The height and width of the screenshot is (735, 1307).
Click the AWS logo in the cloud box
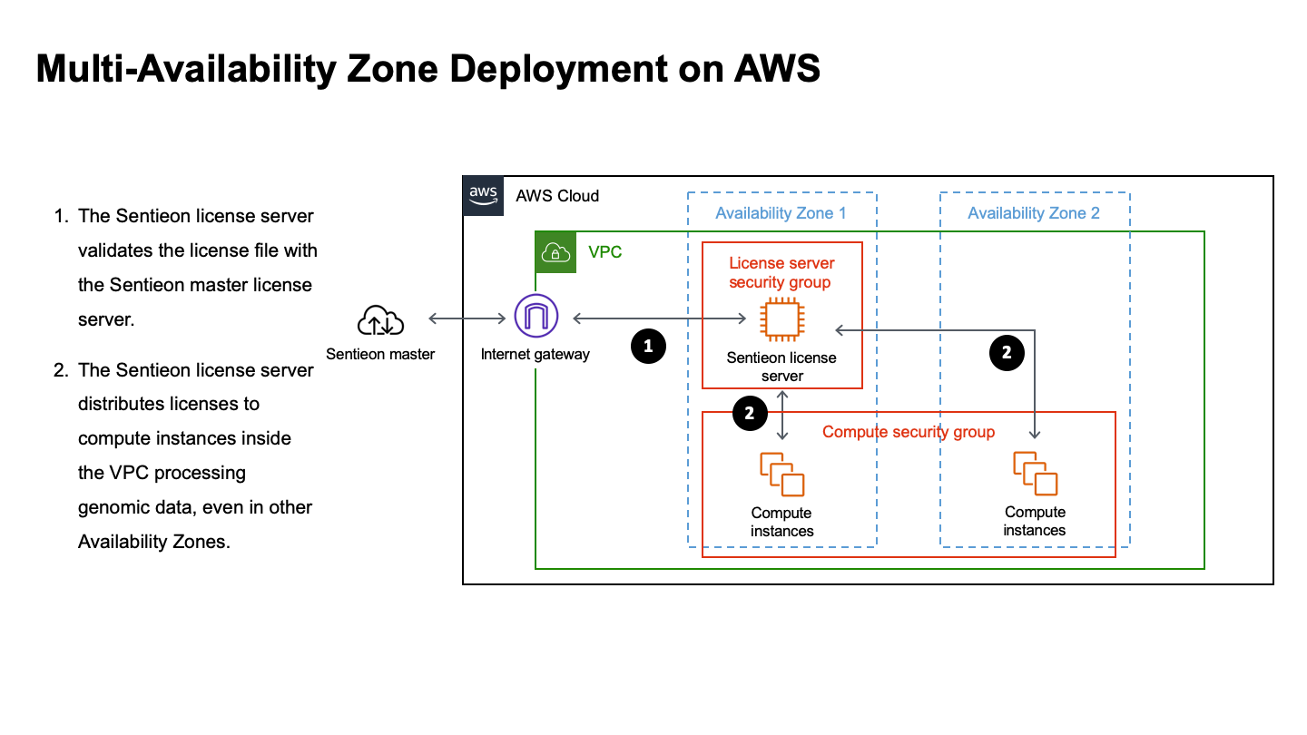[483, 195]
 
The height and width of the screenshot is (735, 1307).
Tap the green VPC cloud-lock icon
[555, 252]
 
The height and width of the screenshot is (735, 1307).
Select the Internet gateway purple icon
[536, 318]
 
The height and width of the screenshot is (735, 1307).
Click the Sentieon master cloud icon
[380, 320]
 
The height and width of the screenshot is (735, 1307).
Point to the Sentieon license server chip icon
[781, 319]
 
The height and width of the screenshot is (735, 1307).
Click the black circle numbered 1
[648, 346]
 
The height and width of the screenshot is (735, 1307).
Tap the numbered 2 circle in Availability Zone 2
[1006, 353]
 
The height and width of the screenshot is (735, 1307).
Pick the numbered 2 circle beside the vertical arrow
[749, 413]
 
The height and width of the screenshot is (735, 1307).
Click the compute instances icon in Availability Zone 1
[781, 474]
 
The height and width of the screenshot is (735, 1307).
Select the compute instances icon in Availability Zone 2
[1035, 473]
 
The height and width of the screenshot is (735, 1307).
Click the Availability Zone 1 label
[781, 213]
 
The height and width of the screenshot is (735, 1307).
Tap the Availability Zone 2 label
[1033, 213]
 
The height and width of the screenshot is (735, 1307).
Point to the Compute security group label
[908, 432]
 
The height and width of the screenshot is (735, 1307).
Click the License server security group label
[781, 272]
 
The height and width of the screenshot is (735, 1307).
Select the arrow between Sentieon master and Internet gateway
[467, 318]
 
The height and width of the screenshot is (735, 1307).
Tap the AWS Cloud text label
[557, 196]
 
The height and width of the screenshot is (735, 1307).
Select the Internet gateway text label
[535, 355]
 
